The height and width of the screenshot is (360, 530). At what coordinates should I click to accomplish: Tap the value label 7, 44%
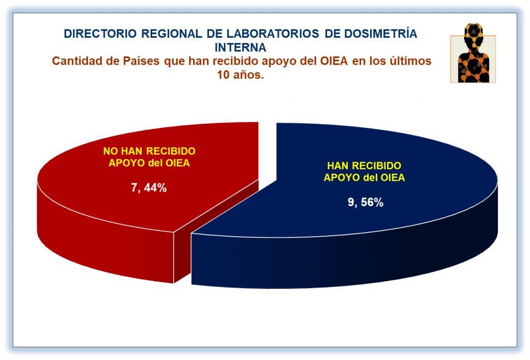click(149, 188)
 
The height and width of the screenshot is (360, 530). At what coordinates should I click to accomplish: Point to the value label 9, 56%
click(365, 202)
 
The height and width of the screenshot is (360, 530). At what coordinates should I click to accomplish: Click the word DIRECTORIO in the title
click(100, 34)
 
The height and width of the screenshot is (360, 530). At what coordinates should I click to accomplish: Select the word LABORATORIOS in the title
click(273, 34)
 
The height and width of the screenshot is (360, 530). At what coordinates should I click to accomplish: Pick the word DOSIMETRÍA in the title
click(380, 34)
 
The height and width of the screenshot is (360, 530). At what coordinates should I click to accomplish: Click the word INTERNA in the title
click(240, 48)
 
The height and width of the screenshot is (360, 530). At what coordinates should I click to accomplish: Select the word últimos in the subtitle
click(410, 61)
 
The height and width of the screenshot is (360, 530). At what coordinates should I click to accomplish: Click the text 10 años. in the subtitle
click(240, 75)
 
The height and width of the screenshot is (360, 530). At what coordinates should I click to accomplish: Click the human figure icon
click(473, 53)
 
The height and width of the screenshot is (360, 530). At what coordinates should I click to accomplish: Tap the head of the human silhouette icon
click(474, 34)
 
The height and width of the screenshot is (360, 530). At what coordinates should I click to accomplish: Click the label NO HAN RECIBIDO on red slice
click(149, 151)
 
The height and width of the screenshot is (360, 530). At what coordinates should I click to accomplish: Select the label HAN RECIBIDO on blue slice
click(364, 165)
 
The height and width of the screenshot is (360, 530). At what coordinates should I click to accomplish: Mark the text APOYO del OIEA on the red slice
click(149, 163)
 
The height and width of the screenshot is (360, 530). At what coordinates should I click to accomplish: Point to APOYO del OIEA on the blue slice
click(364, 177)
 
